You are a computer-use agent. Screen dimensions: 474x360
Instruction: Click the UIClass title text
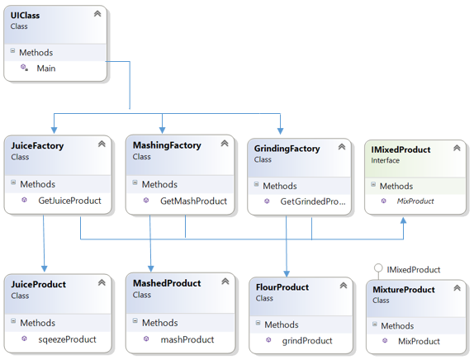[x=25, y=15]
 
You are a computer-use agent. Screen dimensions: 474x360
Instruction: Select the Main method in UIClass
[x=46, y=69]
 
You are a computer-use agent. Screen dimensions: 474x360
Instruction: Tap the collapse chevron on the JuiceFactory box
[x=102, y=144]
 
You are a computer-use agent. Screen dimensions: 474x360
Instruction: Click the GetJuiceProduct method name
[x=70, y=201]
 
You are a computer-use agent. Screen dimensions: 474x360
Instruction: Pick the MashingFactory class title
[x=167, y=145]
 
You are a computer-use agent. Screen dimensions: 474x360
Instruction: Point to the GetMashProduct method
[x=193, y=201]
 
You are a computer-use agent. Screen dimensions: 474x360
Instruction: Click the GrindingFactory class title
[x=287, y=149]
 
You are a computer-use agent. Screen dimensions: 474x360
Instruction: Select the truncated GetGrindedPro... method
[x=313, y=201]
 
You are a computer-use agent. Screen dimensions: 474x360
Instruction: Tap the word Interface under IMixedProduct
[x=385, y=160]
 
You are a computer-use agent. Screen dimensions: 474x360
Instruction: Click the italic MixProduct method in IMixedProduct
[x=415, y=201]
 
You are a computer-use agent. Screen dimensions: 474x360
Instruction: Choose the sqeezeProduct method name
[x=67, y=339]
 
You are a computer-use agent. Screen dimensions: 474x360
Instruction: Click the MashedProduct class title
[x=167, y=283]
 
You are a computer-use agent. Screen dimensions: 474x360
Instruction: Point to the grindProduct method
[x=307, y=341]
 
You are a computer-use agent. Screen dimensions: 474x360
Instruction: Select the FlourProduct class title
[x=282, y=287]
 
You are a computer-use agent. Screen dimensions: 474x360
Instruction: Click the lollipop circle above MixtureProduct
[x=378, y=268]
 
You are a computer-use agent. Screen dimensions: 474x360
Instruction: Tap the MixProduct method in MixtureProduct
[x=419, y=341]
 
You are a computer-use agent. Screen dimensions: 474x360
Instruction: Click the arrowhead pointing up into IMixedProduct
[x=403, y=220]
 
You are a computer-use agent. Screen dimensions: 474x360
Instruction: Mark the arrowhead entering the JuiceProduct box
[x=44, y=268]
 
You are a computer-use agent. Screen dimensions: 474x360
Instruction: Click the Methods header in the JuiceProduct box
[x=38, y=323]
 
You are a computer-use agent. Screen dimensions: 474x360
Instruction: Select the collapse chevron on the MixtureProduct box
[x=457, y=288]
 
